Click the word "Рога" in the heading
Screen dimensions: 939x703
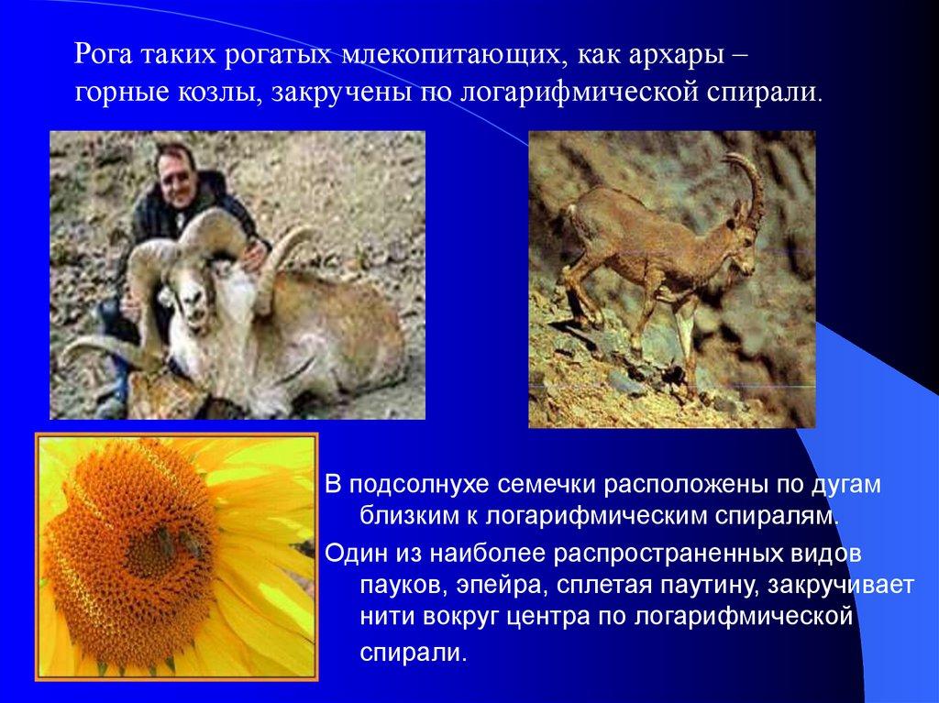coord(104,56)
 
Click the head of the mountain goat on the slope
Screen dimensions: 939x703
coord(742,243)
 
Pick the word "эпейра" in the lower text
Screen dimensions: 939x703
coord(502,585)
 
